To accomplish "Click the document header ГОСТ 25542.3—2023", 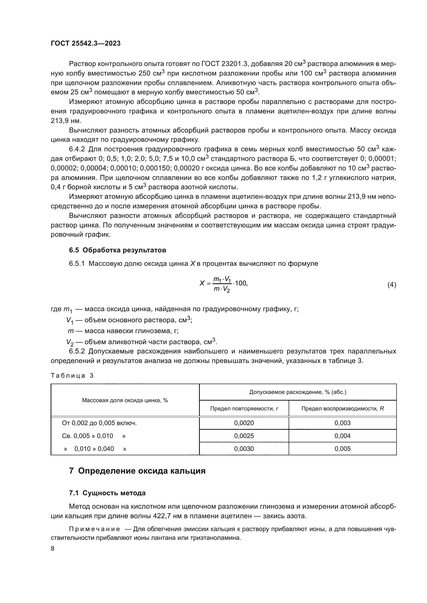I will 85,43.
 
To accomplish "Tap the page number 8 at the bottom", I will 53,548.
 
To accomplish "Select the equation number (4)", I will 392,285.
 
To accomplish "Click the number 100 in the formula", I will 240,283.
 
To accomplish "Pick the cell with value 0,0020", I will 244,423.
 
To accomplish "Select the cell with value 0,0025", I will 244,436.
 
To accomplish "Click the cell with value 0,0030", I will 244,449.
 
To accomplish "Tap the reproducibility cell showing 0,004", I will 342,436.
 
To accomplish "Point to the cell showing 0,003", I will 342,423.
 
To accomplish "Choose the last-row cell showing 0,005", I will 342,449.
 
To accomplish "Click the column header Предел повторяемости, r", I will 244,408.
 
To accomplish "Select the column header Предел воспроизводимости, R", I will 342,408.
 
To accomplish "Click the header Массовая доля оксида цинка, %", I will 125,400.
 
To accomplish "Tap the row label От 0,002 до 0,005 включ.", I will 99,423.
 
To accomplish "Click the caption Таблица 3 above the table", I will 72,376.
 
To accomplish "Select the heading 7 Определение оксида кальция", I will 137,471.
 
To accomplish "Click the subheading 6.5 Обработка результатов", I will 117,250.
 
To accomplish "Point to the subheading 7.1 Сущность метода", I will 107,493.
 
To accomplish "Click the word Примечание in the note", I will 94,529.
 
